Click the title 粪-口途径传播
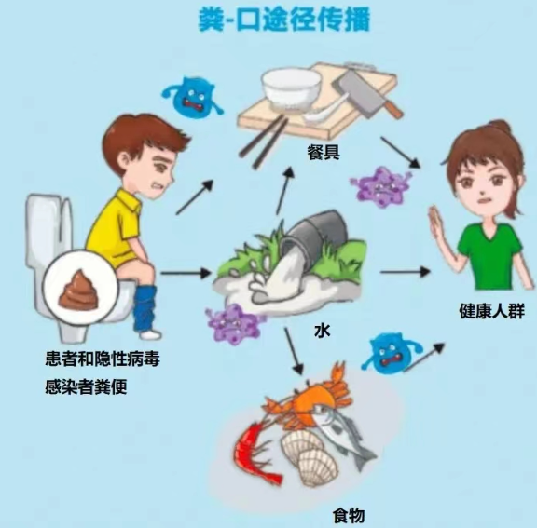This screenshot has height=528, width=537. click(284, 20)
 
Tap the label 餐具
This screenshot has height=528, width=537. click(324, 152)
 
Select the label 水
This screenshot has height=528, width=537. click(322, 331)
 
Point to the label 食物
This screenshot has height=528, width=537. click(349, 515)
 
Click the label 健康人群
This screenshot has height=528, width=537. click(492, 311)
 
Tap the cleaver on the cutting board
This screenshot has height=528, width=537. click(367, 92)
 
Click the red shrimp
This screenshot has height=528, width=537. click(255, 452)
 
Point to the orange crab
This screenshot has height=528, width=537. click(309, 397)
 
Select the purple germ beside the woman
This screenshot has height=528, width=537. click(380, 186)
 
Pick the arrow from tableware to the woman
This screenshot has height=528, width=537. click(401, 153)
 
